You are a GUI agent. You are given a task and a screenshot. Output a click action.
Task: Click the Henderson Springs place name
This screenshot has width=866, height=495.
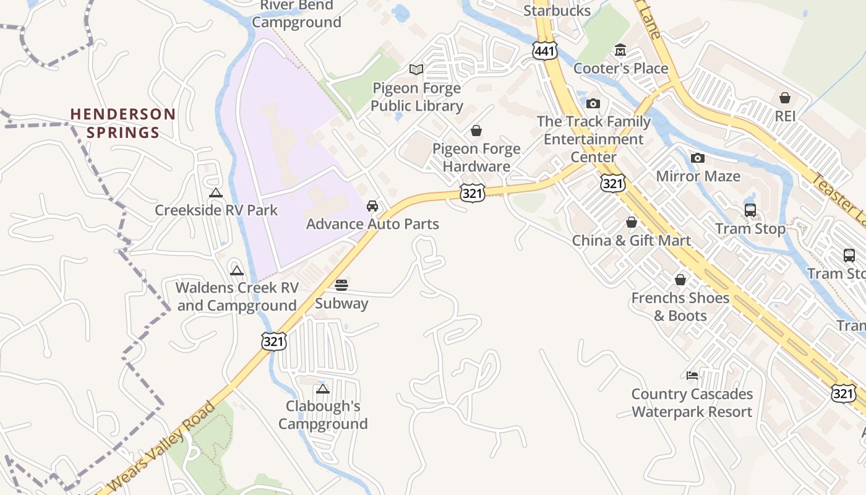click(x=122, y=123)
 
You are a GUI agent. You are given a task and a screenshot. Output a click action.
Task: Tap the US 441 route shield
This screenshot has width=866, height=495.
click(x=544, y=51)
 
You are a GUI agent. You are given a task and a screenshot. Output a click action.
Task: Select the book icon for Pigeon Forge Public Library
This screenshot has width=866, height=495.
click(x=417, y=70)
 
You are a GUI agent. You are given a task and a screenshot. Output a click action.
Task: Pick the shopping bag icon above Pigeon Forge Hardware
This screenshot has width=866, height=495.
click(x=476, y=131)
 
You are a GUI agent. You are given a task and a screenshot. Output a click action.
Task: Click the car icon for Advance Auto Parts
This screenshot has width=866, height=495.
click(x=372, y=206)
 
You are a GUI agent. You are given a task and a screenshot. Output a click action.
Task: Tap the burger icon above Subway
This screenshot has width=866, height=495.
click(x=341, y=285)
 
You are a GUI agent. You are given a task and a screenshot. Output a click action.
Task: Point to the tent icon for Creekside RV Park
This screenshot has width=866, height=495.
click(x=215, y=192)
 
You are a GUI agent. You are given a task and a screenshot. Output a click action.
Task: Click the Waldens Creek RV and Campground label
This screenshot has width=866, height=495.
click(x=237, y=296)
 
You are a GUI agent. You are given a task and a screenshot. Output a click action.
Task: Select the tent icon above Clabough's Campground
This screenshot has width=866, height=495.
click(x=322, y=389)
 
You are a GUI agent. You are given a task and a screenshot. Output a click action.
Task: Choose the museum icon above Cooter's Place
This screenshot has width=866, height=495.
click(x=620, y=50)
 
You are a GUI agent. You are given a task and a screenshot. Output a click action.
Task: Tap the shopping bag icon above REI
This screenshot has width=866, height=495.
click(x=785, y=98)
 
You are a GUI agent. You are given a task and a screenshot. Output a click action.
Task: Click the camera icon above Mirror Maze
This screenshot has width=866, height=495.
click(x=698, y=158)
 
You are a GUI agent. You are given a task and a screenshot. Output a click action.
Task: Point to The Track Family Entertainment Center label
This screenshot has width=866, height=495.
click(x=593, y=139)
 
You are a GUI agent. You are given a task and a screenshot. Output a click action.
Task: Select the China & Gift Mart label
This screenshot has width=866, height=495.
click(x=631, y=240)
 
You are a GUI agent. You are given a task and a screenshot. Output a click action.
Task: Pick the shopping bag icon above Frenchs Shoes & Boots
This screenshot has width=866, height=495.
click(x=680, y=280)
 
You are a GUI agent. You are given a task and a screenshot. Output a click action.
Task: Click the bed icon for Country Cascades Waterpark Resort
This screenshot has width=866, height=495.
click(x=692, y=376)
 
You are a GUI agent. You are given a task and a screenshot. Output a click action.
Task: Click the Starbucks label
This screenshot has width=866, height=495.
click(x=557, y=11)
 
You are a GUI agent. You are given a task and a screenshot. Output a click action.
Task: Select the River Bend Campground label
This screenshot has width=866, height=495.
click(x=297, y=14)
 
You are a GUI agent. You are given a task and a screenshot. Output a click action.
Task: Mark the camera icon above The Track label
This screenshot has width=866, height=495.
click(x=593, y=103)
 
